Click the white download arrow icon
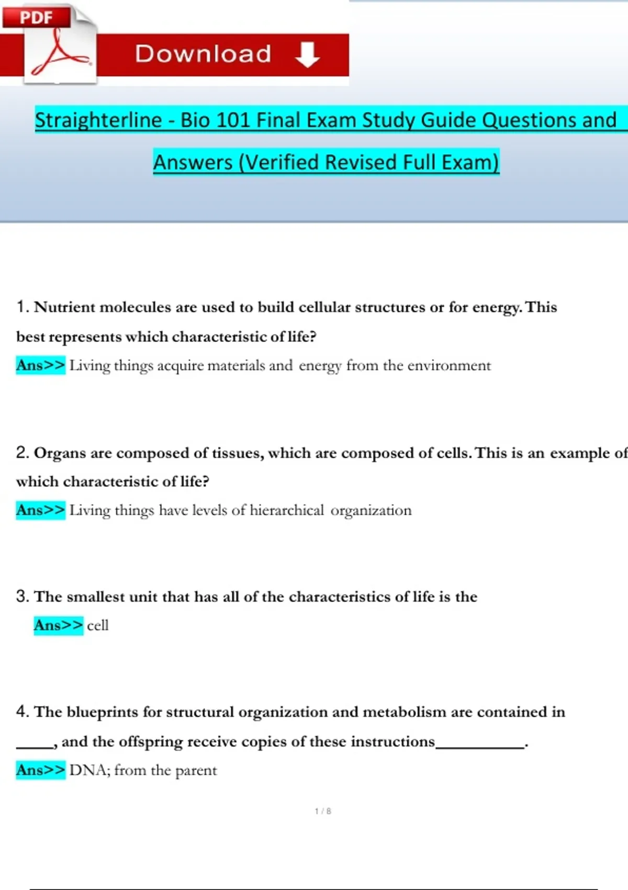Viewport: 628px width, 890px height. (x=307, y=54)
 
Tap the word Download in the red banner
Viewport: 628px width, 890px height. (x=203, y=54)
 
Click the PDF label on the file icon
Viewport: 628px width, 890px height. (x=36, y=17)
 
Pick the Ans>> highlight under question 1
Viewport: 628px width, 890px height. (x=40, y=365)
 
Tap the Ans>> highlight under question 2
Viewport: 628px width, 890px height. (x=40, y=510)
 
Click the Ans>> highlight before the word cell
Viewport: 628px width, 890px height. (x=58, y=625)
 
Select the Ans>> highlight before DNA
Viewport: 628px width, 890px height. (x=40, y=770)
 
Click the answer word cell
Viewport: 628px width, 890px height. (x=98, y=625)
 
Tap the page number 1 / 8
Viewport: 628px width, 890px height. (x=323, y=811)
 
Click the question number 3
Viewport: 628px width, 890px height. (x=22, y=596)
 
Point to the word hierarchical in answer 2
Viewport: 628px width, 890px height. (x=287, y=510)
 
